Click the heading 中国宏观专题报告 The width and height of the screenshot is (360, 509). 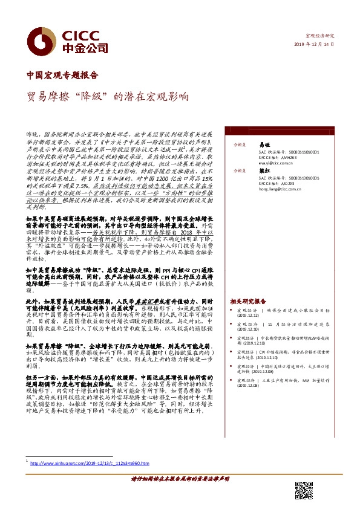point(63,76)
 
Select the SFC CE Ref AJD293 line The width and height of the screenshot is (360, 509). point(277,183)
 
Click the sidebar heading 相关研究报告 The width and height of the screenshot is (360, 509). point(248,301)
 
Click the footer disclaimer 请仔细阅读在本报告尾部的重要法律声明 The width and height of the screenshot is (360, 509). point(180,478)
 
